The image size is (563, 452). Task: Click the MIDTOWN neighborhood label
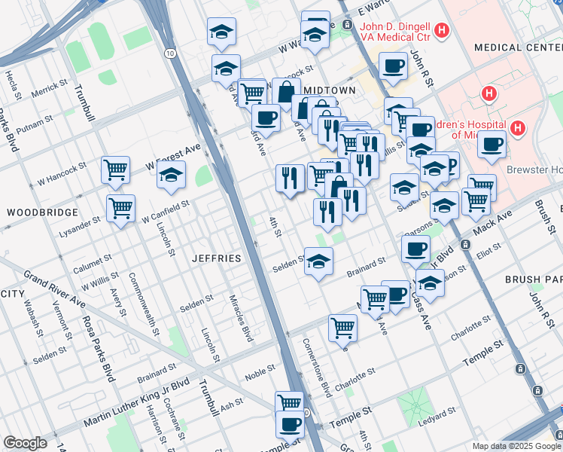pyautogui.click(x=329, y=90)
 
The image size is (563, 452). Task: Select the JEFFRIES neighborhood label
pyautogui.click(x=217, y=258)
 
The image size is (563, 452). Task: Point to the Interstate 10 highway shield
pyautogui.click(x=171, y=53)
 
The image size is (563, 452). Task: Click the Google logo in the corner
pyautogui.click(x=25, y=443)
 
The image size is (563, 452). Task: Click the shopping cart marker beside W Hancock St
pyautogui.click(x=116, y=170)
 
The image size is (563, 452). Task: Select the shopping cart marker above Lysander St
pyautogui.click(x=120, y=208)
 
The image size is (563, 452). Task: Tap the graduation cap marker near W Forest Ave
pyautogui.click(x=172, y=176)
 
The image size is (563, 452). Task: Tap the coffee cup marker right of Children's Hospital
pyautogui.click(x=491, y=145)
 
